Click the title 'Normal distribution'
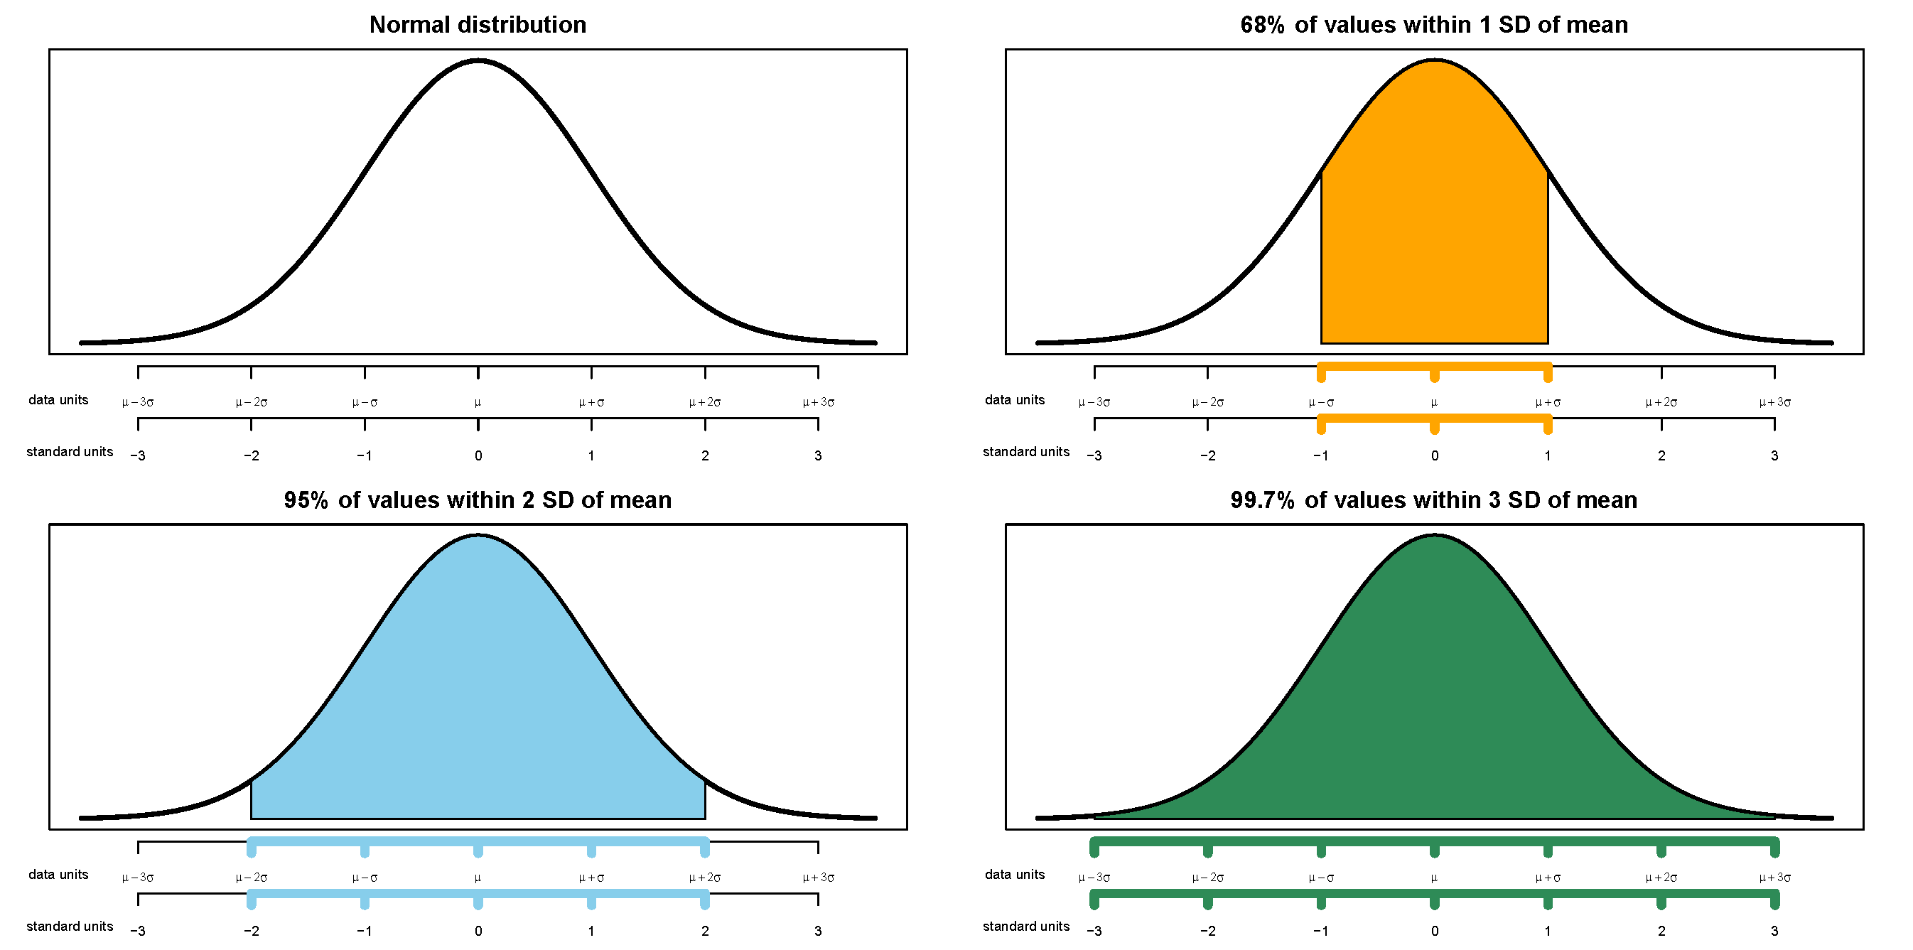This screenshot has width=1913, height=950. click(478, 24)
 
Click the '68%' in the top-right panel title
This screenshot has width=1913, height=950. click(1262, 24)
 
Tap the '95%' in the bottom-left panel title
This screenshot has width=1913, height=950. click(306, 500)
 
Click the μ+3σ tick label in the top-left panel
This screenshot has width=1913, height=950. click(818, 403)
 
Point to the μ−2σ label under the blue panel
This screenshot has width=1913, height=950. click(251, 878)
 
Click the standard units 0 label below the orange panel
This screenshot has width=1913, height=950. click(1434, 455)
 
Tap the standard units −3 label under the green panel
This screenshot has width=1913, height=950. click(1094, 931)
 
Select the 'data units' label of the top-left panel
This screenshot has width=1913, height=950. click(58, 399)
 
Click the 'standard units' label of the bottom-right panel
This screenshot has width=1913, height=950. click(1025, 927)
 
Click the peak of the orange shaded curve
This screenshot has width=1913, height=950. click(1434, 61)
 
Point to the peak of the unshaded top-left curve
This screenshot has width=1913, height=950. click(478, 61)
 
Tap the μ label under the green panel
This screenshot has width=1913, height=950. click(1434, 878)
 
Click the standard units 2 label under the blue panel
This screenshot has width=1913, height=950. click(705, 931)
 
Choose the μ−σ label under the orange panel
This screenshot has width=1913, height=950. click(1320, 403)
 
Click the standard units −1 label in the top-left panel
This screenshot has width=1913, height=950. click(364, 455)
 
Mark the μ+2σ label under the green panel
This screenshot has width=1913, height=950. click(1661, 878)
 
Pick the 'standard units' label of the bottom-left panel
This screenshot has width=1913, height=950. click(69, 927)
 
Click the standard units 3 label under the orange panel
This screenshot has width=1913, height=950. click(1774, 455)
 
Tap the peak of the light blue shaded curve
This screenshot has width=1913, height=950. click(478, 536)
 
